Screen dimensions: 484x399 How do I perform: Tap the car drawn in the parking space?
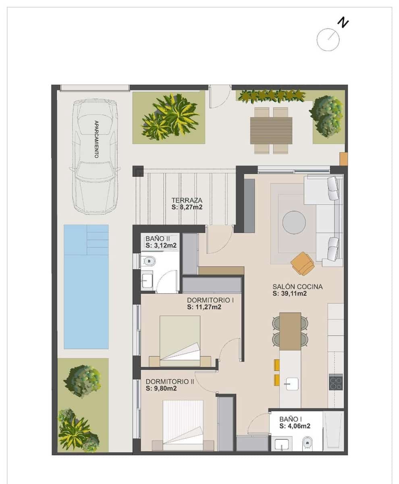(95, 157)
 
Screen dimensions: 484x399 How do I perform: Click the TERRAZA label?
(187, 200)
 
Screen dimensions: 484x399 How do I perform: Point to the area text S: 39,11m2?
(290, 294)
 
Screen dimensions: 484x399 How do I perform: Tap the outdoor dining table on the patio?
(271, 130)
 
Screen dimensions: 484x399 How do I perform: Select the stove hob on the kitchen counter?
(336, 382)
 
